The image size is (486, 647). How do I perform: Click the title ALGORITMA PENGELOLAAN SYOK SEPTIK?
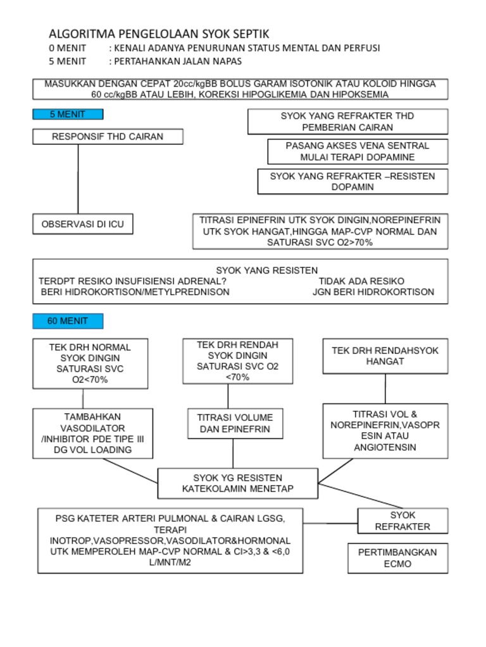pyautogui.click(x=159, y=33)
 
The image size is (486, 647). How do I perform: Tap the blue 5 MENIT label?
pyautogui.click(x=68, y=114)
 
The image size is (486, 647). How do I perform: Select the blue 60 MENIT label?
pyautogui.click(x=68, y=321)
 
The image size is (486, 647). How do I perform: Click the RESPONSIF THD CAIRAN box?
pyautogui.click(x=108, y=136)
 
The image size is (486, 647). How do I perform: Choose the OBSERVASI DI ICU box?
pyautogui.click(x=83, y=224)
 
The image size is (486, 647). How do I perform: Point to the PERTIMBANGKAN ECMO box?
pyautogui.click(x=397, y=558)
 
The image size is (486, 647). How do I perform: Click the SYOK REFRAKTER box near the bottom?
pyautogui.click(x=402, y=521)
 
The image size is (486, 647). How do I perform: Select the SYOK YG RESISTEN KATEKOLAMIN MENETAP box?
pyautogui.click(x=238, y=483)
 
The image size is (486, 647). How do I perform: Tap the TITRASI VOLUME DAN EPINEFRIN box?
pyautogui.click(x=235, y=423)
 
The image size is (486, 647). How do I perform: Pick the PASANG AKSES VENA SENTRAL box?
pyautogui.click(x=358, y=151)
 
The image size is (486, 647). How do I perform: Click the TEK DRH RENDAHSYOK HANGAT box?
pyautogui.click(x=385, y=356)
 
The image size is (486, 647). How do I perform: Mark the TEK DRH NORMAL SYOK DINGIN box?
pyautogui.click(x=90, y=363)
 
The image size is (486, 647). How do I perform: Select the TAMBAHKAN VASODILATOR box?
pyautogui.click(x=92, y=433)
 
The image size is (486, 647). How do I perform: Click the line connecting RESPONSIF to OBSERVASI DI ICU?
pyautogui.click(x=78, y=180)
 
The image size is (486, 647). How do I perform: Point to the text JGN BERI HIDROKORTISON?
pyautogui.click(x=373, y=292)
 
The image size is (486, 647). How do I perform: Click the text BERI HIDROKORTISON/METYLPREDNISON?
pyautogui.click(x=135, y=292)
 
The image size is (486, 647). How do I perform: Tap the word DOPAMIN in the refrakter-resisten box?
pyautogui.click(x=352, y=187)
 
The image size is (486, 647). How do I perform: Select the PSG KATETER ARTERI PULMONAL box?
pyautogui.click(x=170, y=540)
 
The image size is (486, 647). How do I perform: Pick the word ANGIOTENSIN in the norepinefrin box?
pyautogui.click(x=385, y=447)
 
